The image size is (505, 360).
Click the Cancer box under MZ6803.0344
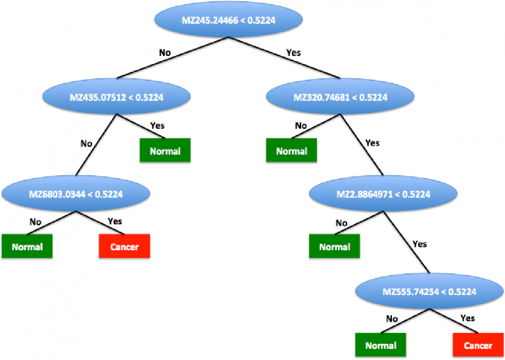point(124,247)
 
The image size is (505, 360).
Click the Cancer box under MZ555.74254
point(477,345)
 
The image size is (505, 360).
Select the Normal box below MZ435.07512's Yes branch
point(164,151)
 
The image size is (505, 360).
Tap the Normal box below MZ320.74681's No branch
point(291,151)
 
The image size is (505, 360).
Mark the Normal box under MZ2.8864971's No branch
point(334,247)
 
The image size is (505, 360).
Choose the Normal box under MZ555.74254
point(381,345)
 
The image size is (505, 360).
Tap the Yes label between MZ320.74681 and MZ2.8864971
point(372,142)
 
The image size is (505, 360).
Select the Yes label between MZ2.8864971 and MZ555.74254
point(419,244)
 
